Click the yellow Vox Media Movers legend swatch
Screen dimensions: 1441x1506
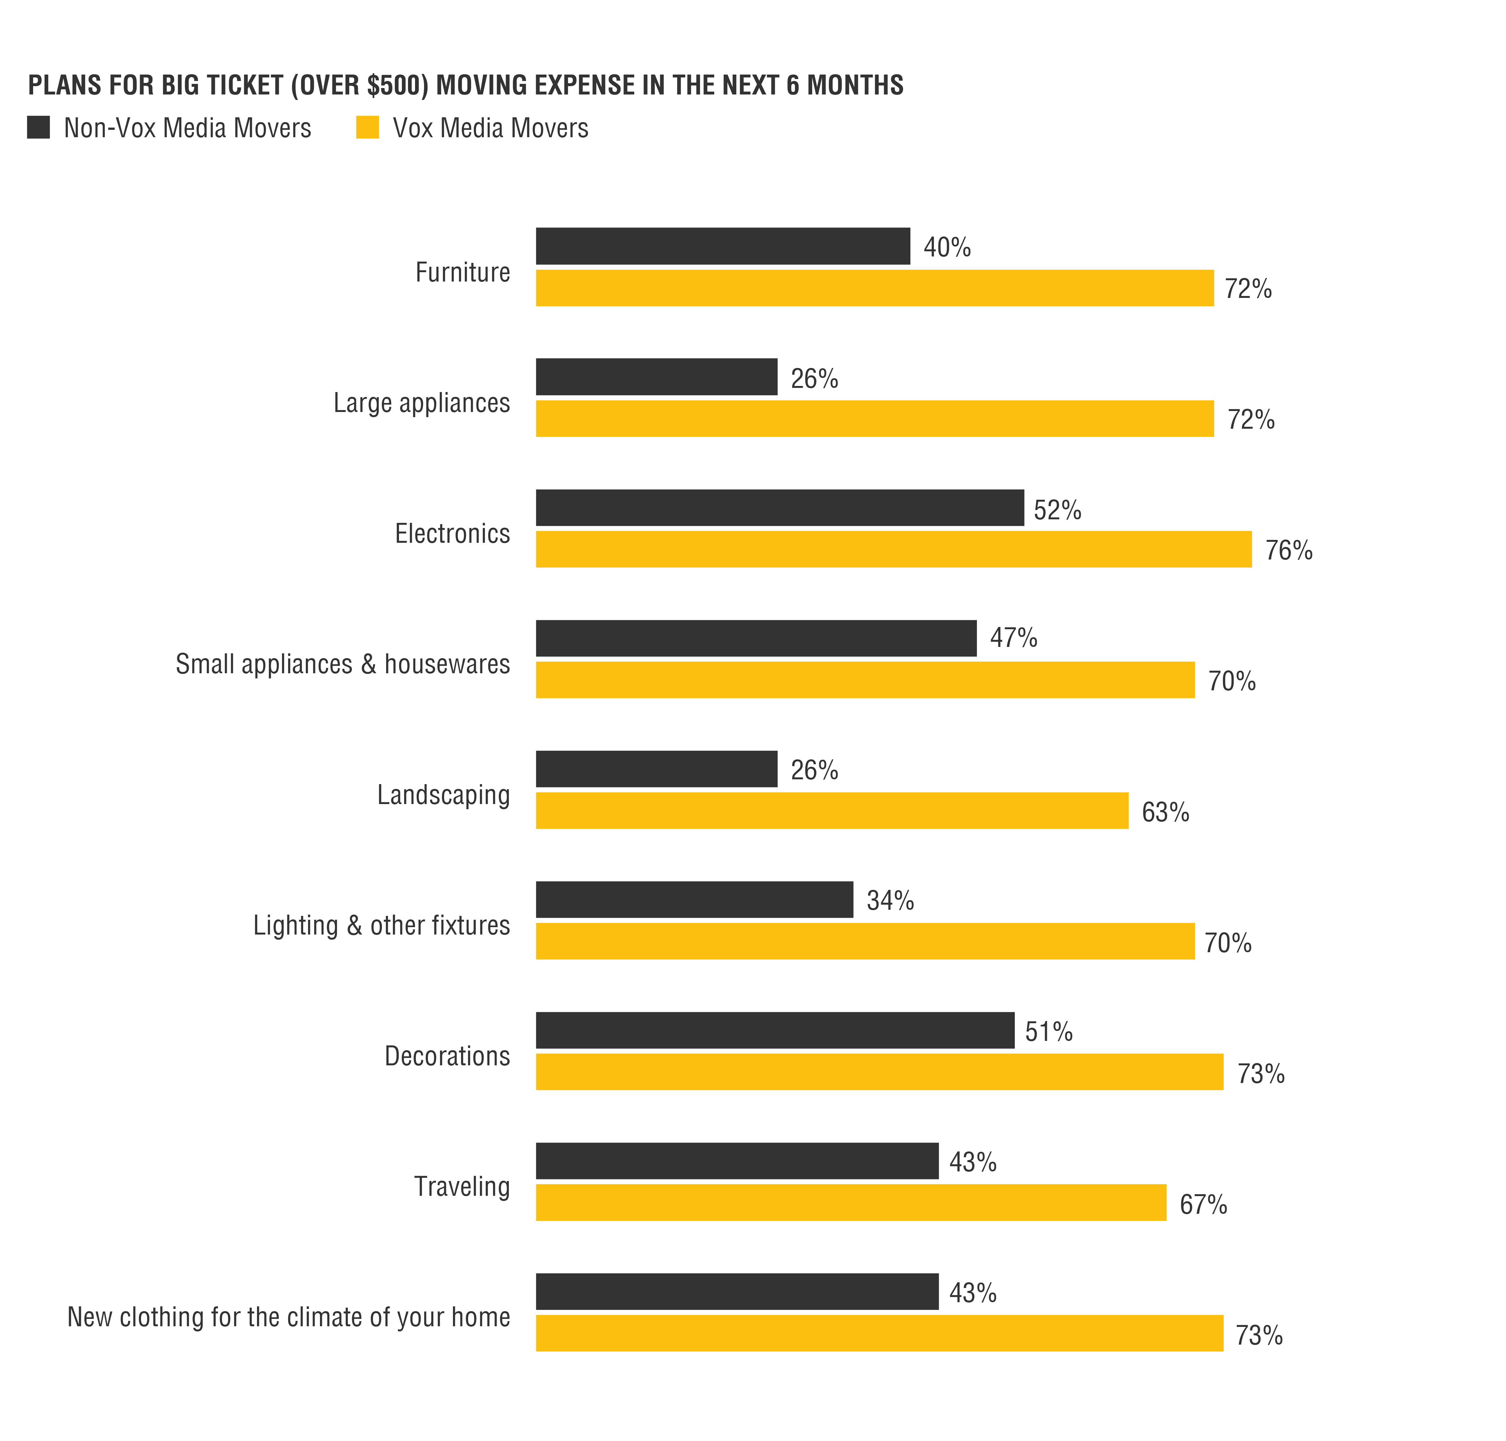coord(367,128)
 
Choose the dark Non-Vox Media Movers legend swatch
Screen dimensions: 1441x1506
coord(39,128)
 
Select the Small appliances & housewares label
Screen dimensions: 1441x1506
coord(342,664)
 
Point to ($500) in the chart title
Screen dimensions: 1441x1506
coord(359,85)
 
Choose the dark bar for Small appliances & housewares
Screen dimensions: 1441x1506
coord(756,638)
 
